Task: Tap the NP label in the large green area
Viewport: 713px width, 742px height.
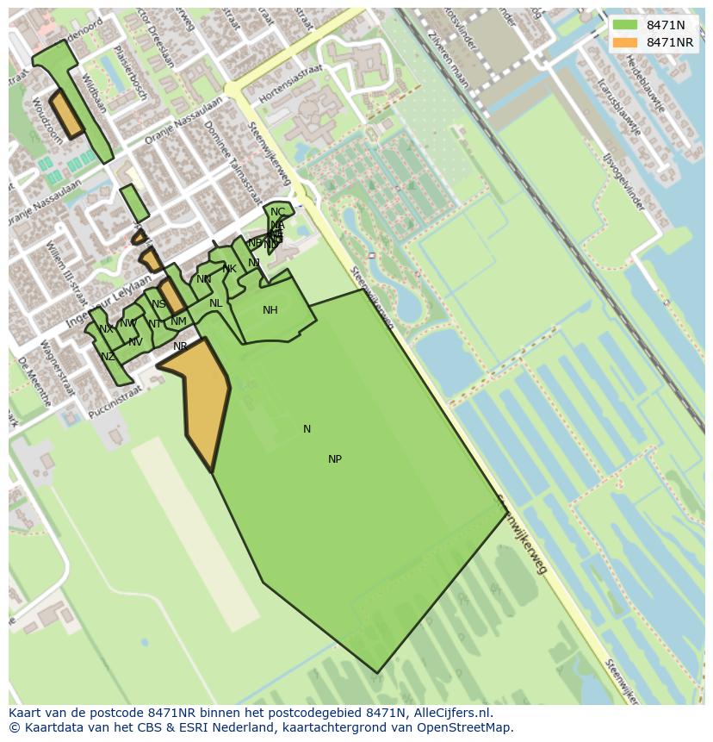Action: [335, 459]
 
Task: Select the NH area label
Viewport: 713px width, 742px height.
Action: [270, 310]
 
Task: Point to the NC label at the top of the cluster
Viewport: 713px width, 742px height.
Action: [277, 212]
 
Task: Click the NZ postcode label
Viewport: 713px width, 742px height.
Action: [108, 357]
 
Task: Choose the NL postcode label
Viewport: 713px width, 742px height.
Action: [215, 303]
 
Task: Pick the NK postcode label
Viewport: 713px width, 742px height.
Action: [229, 269]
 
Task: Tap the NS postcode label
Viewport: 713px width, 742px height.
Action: [158, 304]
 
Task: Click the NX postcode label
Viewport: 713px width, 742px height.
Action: [106, 329]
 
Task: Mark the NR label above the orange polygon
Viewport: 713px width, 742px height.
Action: [180, 346]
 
